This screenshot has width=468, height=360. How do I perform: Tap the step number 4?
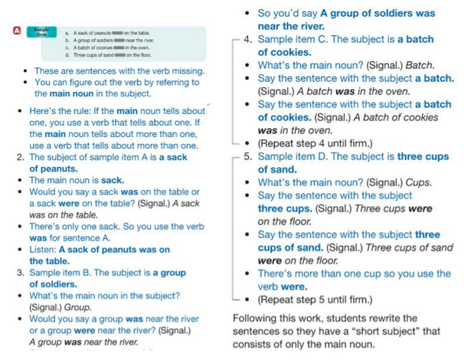247,39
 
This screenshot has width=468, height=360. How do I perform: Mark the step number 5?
247,156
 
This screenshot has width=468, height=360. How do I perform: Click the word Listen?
45,250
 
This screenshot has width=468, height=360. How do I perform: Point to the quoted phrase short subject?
398,331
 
